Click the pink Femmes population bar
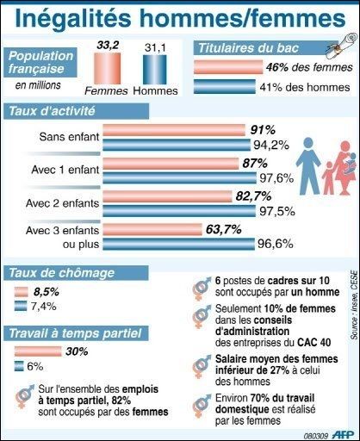point(107,68)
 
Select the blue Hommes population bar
point(155,70)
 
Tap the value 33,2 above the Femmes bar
point(108,46)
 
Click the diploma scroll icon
point(341,45)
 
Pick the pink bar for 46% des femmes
point(228,67)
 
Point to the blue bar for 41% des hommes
point(225,87)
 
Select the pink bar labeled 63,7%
point(152,229)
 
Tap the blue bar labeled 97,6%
point(179,178)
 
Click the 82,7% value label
point(253,196)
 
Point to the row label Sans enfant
point(69,137)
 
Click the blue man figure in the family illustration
point(308,165)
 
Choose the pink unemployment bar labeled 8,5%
point(22,292)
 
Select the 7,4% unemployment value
point(44,307)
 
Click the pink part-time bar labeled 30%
point(38,351)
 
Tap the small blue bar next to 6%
point(19,366)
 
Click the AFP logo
point(343,434)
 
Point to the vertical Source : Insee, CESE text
point(354,305)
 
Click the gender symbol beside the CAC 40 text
point(202,317)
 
